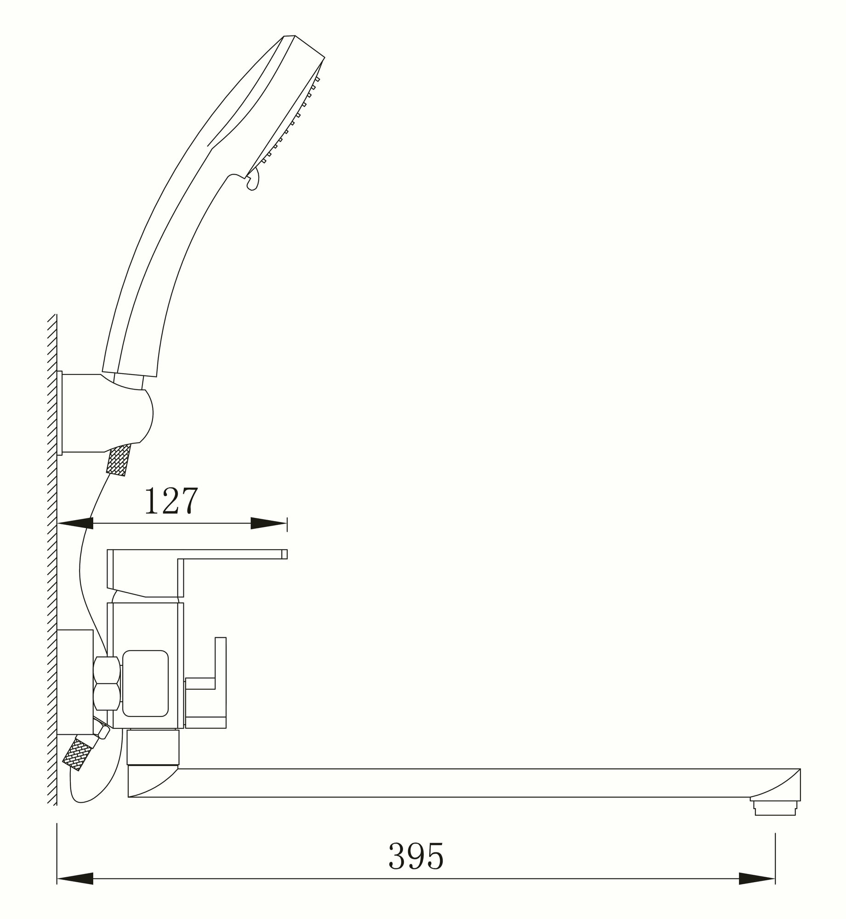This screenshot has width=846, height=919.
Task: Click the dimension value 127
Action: [171, 501]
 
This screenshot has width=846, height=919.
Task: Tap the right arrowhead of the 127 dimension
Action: [268, 523]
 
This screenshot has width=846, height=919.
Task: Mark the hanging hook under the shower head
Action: [254, 179]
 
